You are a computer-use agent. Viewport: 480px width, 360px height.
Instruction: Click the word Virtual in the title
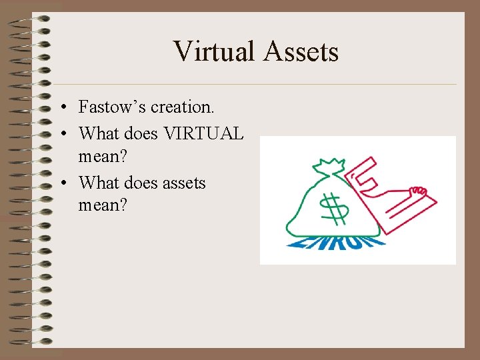213,51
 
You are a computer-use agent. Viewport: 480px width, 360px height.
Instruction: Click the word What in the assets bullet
98,182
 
